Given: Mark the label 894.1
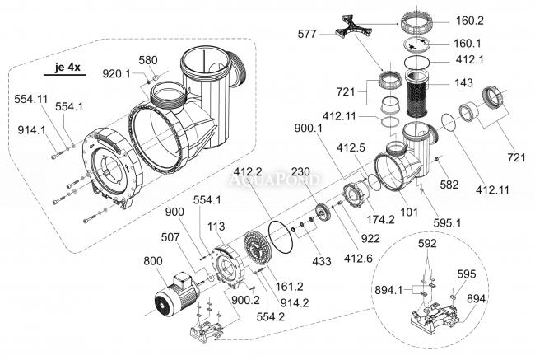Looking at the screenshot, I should (390, 290).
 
